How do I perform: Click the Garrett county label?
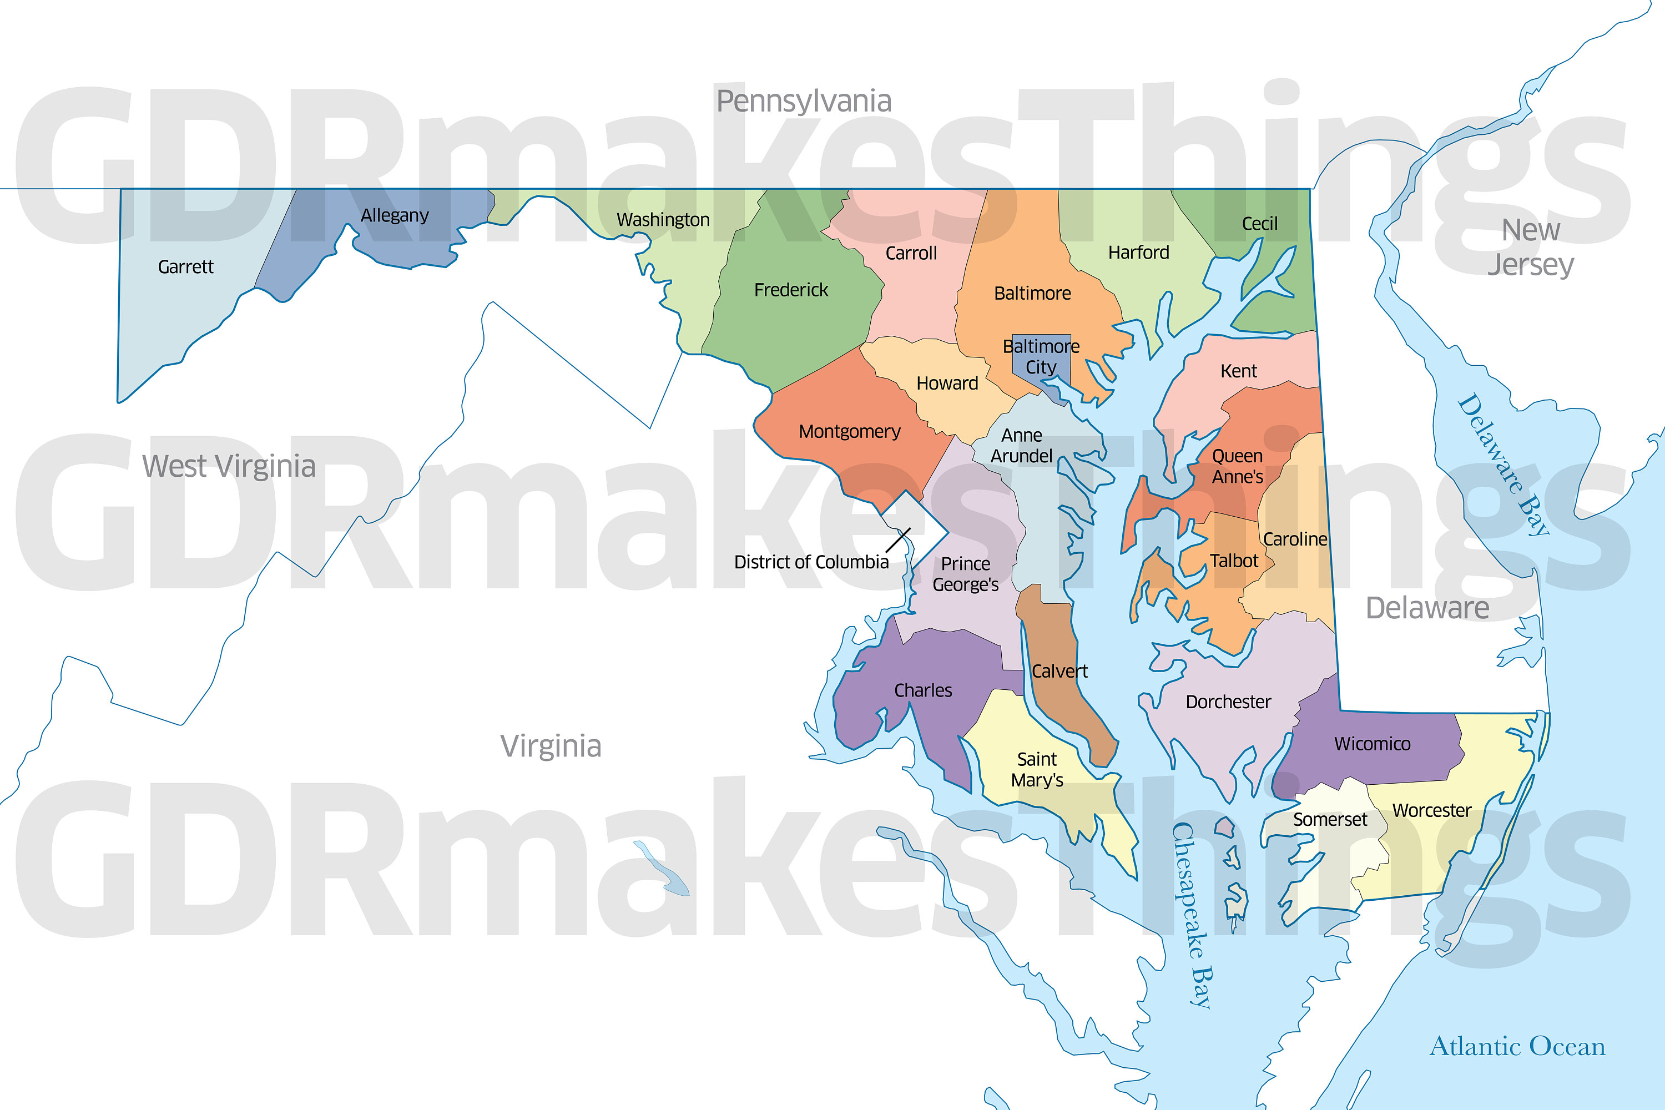pos(185,267)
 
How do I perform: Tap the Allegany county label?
pos(394,215)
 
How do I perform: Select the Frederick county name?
pos(791,290)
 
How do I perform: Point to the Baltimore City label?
pos(1041,356)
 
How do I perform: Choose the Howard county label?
pos(947,383)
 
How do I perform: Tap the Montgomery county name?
pos(850,431)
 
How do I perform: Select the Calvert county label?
pos(1059,671)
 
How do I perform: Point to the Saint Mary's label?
pos(1037,769)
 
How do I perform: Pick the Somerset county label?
pos(1330,819)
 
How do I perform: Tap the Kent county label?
pos(1239,371)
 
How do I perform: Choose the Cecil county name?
pos(1259,224)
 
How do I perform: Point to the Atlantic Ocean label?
pos(1517,1046)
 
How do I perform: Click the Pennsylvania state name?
pos(804,101)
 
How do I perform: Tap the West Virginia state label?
pos(229,467)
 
